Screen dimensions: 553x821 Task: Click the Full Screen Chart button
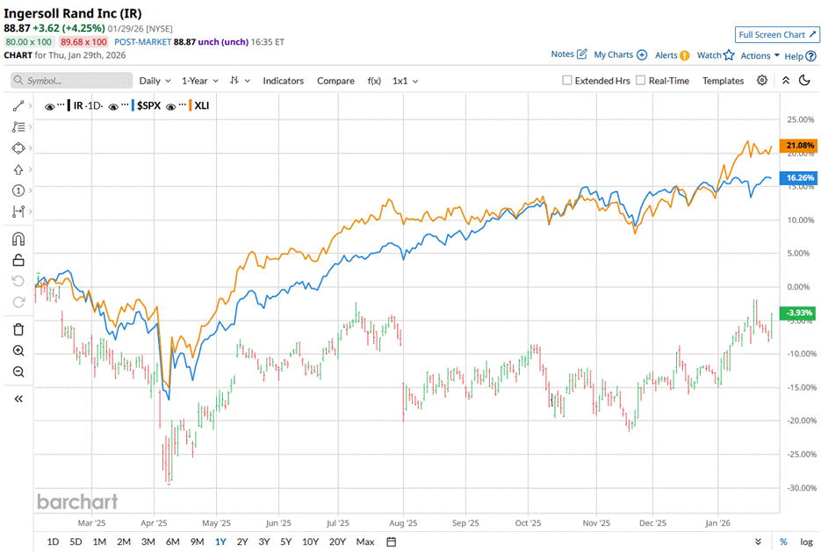pyautogui.click(x=777, y=35)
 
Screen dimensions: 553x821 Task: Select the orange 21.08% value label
pyautogui.click(x=800, y=145)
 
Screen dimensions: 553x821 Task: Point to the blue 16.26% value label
pyautogui.click(x=800, y=177)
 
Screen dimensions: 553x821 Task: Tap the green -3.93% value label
pyautogui.click(x=800, y=312)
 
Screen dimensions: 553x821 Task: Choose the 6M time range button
pyautogui.click(x=172, y=542)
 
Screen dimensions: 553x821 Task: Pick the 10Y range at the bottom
pyautogui.click(x=310, y=542)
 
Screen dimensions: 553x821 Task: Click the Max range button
pyautogui.click(x=365, y=542)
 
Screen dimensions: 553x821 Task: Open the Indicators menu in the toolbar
pyautogui.click(x=283, y=81)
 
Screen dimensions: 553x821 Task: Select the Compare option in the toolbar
pyautogui.click(x=335, y=81)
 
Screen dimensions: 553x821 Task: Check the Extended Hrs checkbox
pyautogui.click(x=568, y=81)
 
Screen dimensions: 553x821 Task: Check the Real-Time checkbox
pyautogui.click(x=641, y=81)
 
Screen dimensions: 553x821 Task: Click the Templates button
pyautogui.click(x=723, y=81)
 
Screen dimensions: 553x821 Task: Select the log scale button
pyautogui.click(x=806, y=542)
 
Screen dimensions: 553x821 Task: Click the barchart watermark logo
pyautogui.click(x=77, y=502)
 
